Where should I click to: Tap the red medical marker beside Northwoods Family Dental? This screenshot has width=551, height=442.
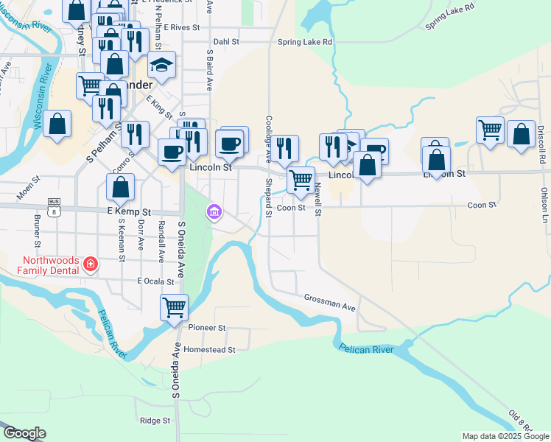coord(90,264)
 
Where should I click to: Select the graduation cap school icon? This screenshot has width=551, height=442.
coord(161,66)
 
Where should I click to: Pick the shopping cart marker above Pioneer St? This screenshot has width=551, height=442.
coord(174,306)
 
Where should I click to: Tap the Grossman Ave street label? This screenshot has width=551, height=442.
coord(329,301)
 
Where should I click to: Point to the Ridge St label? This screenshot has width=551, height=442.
coord(155,421)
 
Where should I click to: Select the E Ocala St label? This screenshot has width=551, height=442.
coord(155,281)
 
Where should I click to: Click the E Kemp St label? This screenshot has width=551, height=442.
coord(129,211)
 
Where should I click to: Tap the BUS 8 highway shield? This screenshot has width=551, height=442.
coord(53,206)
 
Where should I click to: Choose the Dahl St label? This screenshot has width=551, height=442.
coord(226,42)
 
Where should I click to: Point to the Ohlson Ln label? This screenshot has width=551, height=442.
coord(544,205)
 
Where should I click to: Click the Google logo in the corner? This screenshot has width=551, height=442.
coord(24,433)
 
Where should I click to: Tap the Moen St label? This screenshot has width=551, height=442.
coord(28,191)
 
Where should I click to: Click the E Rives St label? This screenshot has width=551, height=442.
coord(182,27)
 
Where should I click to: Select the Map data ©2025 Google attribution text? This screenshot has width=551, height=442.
coord(505,436)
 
